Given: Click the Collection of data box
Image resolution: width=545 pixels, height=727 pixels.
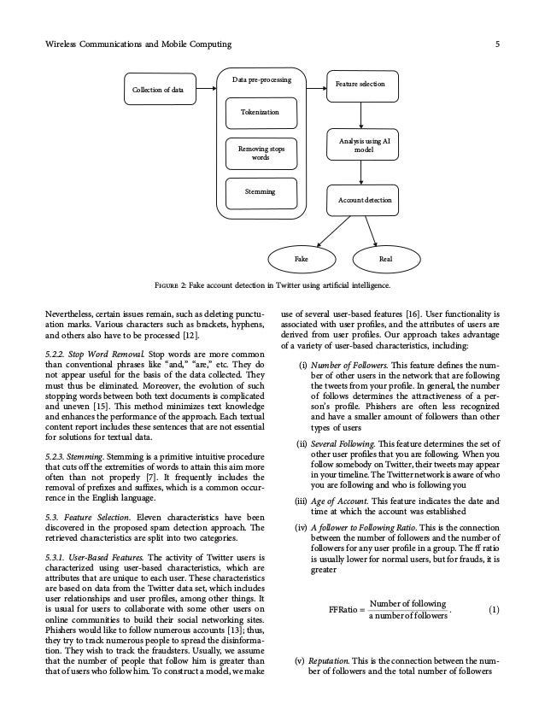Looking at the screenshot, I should (x=160, y=89).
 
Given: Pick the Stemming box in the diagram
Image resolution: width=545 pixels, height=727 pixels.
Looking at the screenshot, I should (x=259, y=192).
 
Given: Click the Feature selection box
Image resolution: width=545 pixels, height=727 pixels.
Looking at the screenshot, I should (x=360, y=85).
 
